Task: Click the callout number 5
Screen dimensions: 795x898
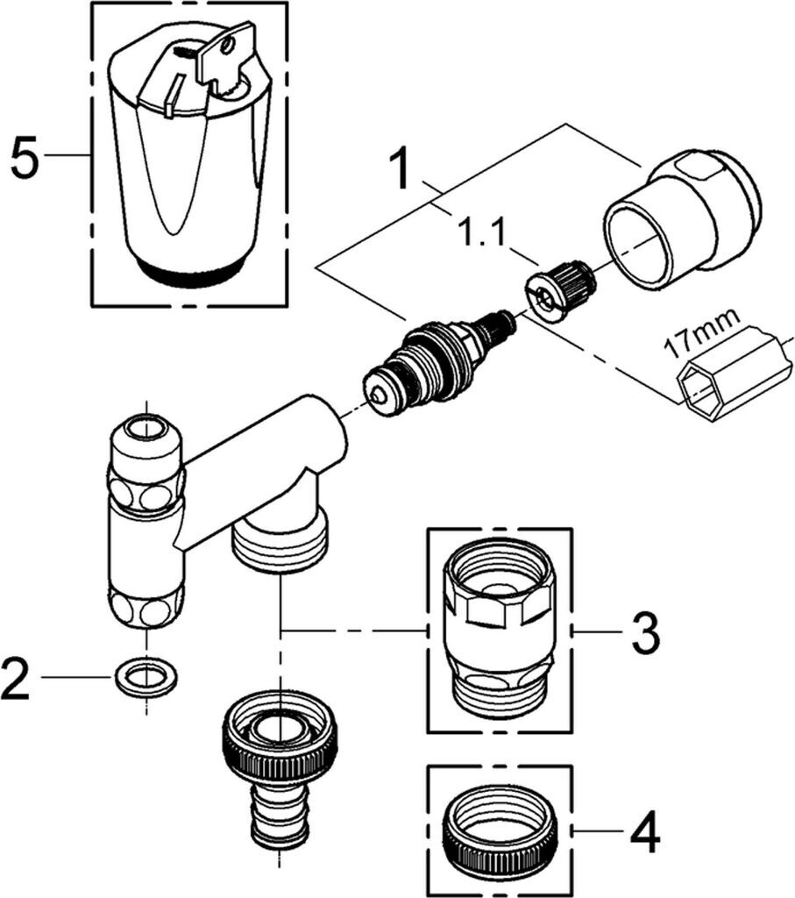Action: [x=25, y=156]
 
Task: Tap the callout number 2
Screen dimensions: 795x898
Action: [x=16, y=679]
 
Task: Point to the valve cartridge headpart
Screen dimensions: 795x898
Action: [x=438, y=361]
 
